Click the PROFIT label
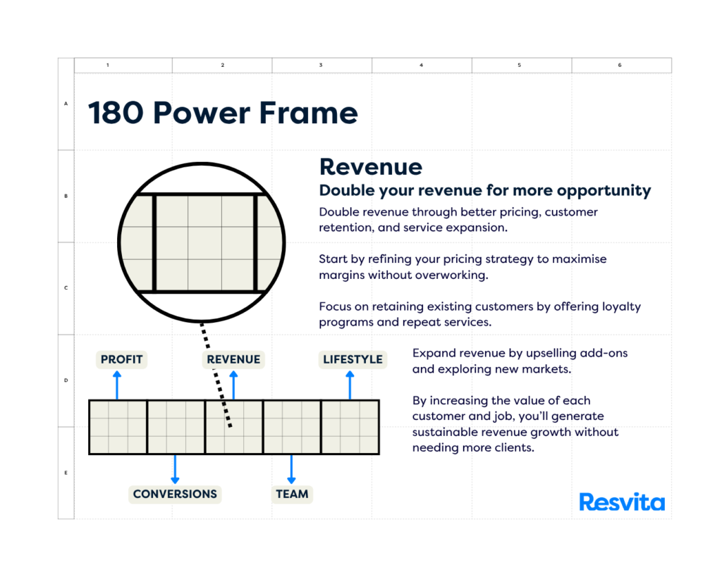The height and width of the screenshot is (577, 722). click(x=121, y=359)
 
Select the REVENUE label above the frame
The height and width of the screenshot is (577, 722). click(x=233, y=359)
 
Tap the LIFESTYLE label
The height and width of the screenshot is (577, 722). click(x=353, y=359)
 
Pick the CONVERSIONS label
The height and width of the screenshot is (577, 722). click(x=175, y=494)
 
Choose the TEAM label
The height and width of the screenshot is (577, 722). click(x=292, y=494)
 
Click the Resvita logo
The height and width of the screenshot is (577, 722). click(x=622, y=502)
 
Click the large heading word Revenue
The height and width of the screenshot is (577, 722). click(x=371, y=167)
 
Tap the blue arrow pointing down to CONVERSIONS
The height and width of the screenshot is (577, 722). click(x=175, y=469)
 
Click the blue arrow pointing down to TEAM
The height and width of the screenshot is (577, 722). click(x=291, y=469)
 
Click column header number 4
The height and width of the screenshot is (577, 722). click(x=422, y=66)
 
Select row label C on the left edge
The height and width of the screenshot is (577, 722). click(x=66, y=288)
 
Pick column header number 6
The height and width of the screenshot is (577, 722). click(x=620, y=66)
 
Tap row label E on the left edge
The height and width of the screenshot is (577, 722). click(x=66, y=473)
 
